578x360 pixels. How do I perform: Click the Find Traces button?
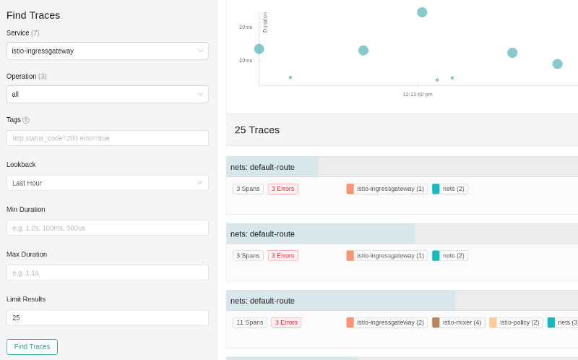(x=32, y=347)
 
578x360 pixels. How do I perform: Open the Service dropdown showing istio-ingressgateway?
(x=107, y=51)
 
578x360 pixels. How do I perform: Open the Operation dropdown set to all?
(x=107, y=95)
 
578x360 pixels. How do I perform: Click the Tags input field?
(x=107, y=138)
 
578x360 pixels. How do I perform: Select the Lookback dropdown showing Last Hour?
(x=107, y=183)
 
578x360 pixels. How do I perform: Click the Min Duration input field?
(x=107, y=228)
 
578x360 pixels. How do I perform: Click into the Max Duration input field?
(x=107, y=273)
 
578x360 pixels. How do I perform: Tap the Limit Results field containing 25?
(x=107, y=317)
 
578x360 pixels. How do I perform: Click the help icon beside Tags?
(x=26, y=120)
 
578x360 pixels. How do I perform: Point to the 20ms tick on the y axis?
(x=246, y=27)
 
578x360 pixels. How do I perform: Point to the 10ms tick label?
(x=246, y=61)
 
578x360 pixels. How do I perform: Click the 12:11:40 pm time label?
(x=418, y=95)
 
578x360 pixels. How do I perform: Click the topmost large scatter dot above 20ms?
(x=422, y=12)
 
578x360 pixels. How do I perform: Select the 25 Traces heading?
(x=257, y=130)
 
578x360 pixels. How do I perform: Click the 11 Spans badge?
(x=249, y=322)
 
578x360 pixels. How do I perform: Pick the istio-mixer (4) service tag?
(x=458, y=322)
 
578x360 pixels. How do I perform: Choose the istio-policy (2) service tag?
(x=516, y=322)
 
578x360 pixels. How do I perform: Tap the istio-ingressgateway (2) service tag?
(x=387, y=322)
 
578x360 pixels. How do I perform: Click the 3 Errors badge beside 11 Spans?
(x=286, y=322)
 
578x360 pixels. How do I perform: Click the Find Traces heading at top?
(x=33, y=15)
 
